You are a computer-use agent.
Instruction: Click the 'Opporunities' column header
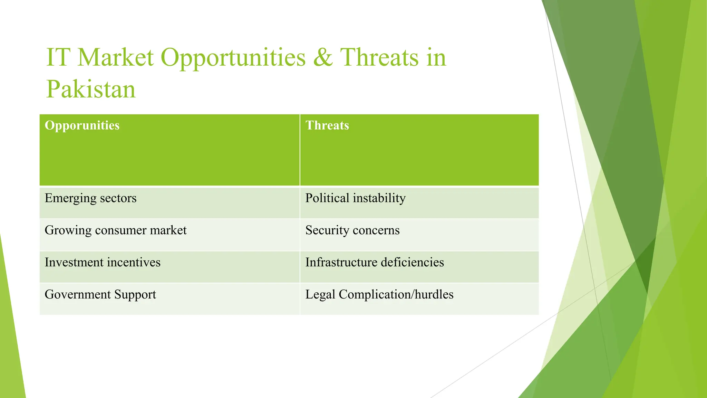click(82, 125)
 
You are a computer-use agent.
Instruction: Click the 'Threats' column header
click(327, 125)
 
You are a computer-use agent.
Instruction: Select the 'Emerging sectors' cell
click(90, 198)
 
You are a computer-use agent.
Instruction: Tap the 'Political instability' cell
click(355, 198)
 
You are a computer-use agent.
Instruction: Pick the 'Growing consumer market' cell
click(115, 230)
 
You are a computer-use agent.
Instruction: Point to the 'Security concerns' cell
click(352, 230)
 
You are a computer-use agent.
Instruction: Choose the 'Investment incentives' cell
click(103, 263)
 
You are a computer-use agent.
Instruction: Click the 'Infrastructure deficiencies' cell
click(374, 263)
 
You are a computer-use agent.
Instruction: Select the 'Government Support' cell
click(100, 295)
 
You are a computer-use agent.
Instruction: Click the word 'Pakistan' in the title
click(91, 89)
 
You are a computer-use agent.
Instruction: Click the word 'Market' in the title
click(115, 57)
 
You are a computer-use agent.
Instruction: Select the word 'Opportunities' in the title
click(233, 57)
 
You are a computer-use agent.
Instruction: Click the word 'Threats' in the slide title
click(379, 57)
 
